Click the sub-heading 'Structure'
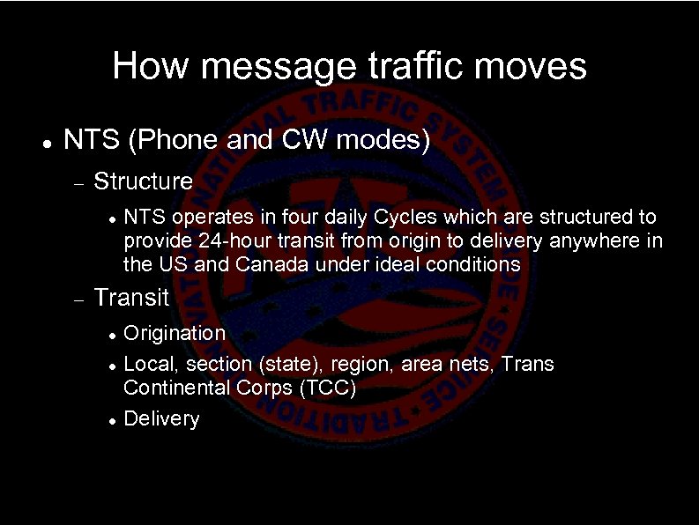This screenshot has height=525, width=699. tap(143, 181)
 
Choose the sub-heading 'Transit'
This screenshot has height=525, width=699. tap(130, 298)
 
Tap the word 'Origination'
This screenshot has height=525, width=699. tap(175, 333)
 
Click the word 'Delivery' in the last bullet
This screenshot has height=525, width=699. tap(161, 418)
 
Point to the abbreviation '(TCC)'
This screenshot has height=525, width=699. tap(325, 388)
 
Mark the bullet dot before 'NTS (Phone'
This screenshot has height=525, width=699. tap(42, 142)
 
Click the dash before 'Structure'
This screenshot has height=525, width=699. tap(78, 183)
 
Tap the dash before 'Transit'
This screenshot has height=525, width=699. tap(78, 299)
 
